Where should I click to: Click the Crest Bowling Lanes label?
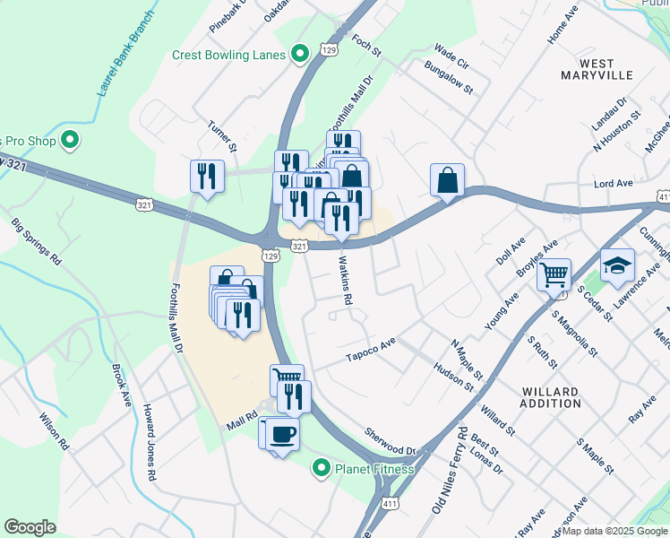pos(228,55)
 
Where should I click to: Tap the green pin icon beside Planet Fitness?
pos(321,468)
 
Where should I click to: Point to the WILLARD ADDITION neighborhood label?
pos(551,397)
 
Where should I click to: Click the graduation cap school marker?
pos(617,265)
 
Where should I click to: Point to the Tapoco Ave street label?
pos(371,351)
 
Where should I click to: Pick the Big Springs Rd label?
pos(37,241)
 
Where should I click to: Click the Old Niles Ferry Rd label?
pos(449,470)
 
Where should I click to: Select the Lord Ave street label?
pos(614,183)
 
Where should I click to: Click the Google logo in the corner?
pos(30,527)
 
